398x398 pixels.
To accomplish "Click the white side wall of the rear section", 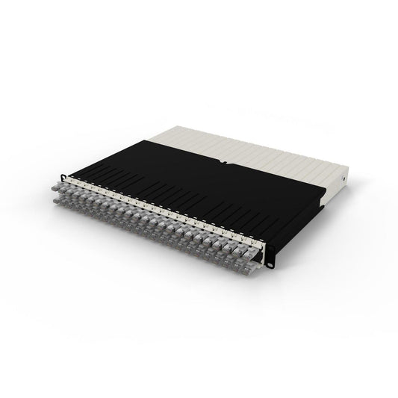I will pyautogui.click(x=336, y=183).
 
